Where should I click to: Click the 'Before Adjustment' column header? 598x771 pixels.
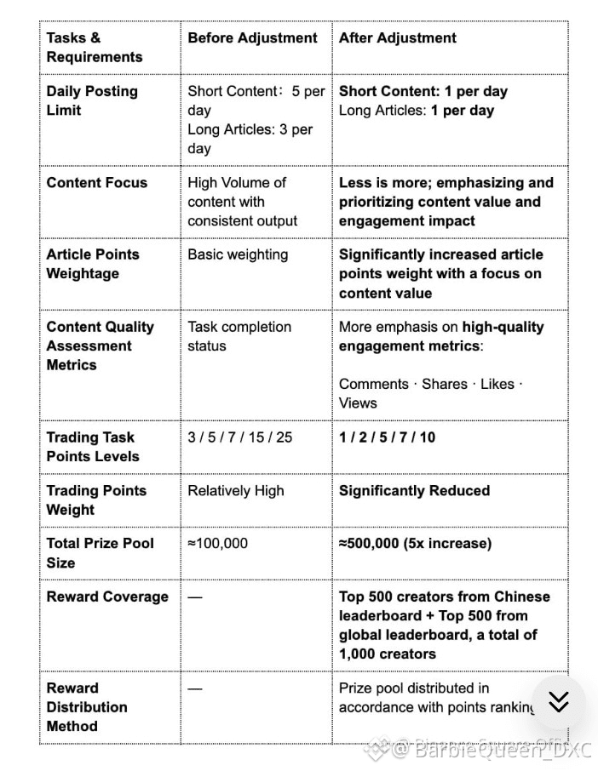click(252, 38)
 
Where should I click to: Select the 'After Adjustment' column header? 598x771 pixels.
click(398, 38)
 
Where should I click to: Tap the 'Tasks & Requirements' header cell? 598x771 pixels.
click(95, 48)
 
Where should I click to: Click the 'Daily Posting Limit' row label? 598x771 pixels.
click(92, 100)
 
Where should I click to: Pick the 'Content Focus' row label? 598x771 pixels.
click(96, 183)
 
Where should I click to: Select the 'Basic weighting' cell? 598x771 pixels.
click(238, 254)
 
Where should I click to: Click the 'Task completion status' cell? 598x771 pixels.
click(239, 336)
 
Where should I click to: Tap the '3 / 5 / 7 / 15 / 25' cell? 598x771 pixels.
click(239, 437)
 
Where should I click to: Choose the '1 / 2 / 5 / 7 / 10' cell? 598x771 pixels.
click(387, 437)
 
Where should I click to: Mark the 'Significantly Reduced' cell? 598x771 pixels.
click(414, 491)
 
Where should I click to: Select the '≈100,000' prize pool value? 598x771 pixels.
click(217, 543)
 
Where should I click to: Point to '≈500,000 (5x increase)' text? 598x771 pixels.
click(415, 543)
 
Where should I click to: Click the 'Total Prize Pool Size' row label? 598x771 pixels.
click(101, 552)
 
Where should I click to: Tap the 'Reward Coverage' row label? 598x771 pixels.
click(107, 597)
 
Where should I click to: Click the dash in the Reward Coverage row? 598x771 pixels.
click(195, 597)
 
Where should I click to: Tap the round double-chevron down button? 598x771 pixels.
click(558, 701)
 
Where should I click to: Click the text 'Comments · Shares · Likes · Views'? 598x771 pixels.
click(430, 393)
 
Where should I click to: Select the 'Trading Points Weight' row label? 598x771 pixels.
click(96, 500)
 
